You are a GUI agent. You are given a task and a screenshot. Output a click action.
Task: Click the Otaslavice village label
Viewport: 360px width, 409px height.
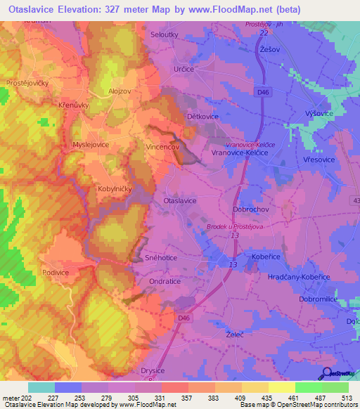pyautogui.click(x=180, y=200)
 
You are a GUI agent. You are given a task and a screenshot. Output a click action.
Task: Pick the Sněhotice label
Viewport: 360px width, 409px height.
pyautogui.click(x=162, y=258)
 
